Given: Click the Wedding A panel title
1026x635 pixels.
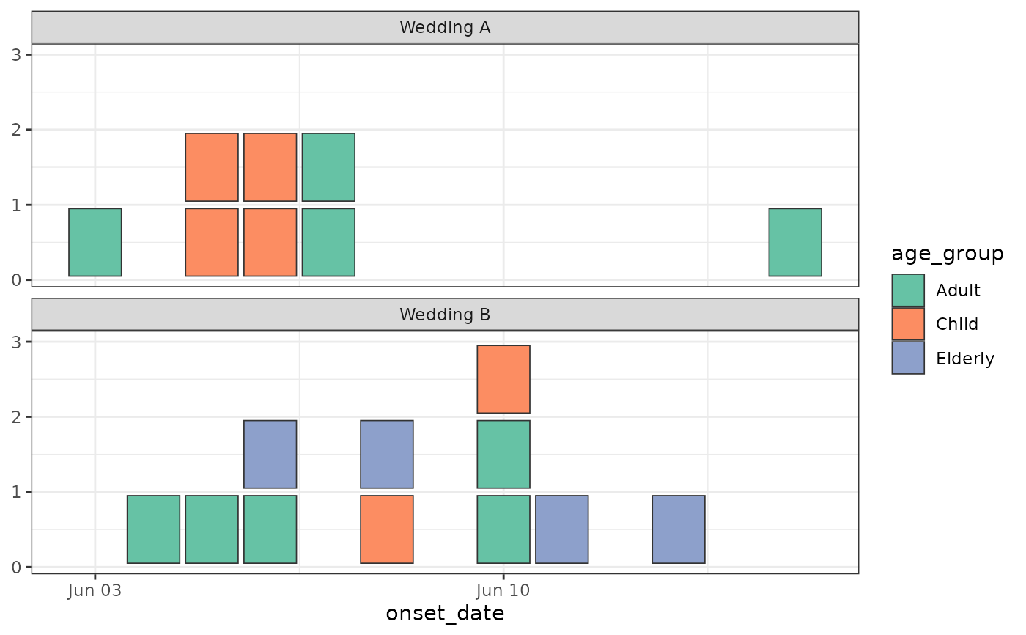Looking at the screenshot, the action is pyautogui.click(x=445, y=27).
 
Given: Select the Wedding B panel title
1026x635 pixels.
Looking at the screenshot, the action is pyautogui.click(x=445, y=315).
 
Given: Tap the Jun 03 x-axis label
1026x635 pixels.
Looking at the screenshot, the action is pyautogui.click(x=95, y=590).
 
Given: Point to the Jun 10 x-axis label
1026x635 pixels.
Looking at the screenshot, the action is pyautogui.click(x=503, y=590).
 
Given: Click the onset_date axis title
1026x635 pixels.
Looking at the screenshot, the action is pyautogui.click(x=445, y=614).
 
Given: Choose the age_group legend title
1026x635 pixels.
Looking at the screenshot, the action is pyautogui.click(x=947, y=254).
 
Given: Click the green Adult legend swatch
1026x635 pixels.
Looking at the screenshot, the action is pyautogui.click(x=908, y=290).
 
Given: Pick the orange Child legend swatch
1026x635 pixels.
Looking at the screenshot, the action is pyautogui.click(x=908, y=324).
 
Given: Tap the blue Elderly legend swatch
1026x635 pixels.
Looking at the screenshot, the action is pyautogui.click(x=908, y=358).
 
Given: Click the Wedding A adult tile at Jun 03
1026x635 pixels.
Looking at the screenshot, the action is pyautogui.click(x=95, y=243).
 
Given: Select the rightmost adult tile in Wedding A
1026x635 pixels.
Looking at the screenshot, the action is pyautogui.click(x=795, y=243).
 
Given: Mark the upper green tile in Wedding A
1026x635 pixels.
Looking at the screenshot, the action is pyautogui.click(x=328, y=167).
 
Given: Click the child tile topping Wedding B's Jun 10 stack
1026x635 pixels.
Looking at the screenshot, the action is pyautogui.click(x=503, y=379).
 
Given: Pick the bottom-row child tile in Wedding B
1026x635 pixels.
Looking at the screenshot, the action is pyautogui.click(x=387, y=529).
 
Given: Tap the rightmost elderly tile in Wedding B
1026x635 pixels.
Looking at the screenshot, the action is pyautogui.click(x=679, y=529).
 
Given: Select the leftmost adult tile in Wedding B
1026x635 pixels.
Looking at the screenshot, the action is pyautogui.click(x=153, y=529).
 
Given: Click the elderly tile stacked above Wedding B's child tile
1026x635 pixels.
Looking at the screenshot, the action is pyautogui.click(x=387, y=455).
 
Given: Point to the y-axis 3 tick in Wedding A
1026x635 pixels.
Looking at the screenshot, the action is pyautogui.click(x=16, y=55).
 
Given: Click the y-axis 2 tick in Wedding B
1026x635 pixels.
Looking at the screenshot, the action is pyautogui.click(x=16, y=417).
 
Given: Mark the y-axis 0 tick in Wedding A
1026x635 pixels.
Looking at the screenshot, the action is pyautogui.click(x=16, y=280).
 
